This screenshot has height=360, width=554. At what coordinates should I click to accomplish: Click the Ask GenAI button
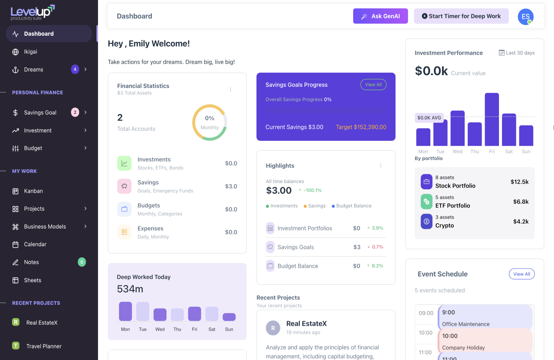pos(380,16)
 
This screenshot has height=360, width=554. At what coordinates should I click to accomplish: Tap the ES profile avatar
pos(525,17)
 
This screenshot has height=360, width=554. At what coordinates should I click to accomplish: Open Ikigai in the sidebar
pos(31,52)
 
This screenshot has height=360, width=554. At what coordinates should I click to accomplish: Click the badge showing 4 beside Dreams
pos(75,69)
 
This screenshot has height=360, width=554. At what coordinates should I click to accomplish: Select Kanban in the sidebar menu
pos(33,191)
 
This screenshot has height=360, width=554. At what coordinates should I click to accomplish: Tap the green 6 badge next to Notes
pos(82,262)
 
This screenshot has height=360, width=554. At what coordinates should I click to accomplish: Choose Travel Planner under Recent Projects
pos(44,346)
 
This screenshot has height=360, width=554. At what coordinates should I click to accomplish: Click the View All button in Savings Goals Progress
pos(373,85)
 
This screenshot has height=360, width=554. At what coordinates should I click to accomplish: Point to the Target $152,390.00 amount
pos(361,127)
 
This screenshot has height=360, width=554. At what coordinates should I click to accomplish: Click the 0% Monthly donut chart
pos(210,122)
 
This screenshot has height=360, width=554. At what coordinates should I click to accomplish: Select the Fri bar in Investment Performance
pos(492,119)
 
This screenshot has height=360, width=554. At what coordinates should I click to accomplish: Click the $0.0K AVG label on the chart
pos(429,118)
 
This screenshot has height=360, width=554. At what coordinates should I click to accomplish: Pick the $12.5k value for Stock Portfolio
pos(519,182)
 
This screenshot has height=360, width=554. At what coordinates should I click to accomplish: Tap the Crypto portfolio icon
pos(427,221)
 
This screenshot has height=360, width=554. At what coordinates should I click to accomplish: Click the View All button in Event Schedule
pos(522,274)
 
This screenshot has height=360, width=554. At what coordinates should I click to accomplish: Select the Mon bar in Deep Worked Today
pos(125,311)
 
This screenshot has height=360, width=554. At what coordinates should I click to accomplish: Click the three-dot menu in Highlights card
pos(381,166)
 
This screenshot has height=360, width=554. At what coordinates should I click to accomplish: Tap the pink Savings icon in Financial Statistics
pos(124,186)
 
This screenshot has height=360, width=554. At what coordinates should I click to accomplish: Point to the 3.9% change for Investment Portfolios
pos(377,228)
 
